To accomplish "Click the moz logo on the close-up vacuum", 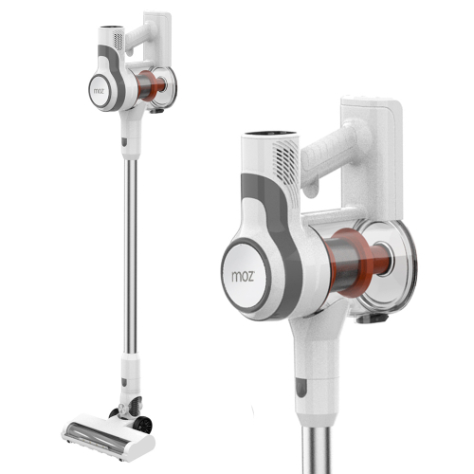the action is click(x=243, y=276).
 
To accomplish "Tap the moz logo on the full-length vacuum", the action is click(x=100, y=91).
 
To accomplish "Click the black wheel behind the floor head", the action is click(x=142, y=424).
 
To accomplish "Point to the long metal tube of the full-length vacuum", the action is click(x=130, y=256).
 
